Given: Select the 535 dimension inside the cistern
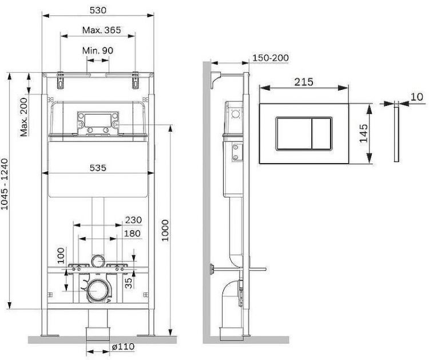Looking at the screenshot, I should tap(99, 168).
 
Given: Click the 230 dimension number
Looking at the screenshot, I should tap(133, 220).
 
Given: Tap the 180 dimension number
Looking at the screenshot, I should tap(133, 234).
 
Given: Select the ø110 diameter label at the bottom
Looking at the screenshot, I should tap(123, 347).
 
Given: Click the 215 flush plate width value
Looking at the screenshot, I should tap(304, 82).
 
